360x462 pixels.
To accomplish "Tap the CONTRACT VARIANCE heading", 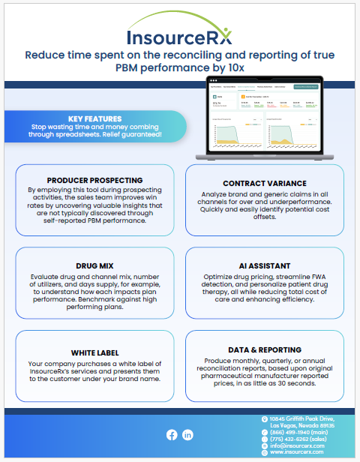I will tap(264, 183).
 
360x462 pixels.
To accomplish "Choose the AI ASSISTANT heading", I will tap(264, 265).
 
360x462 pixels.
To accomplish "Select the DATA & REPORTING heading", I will tap(264, 349).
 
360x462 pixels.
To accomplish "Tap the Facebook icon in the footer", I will tap(171, 434).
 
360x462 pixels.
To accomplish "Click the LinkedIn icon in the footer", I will tap(187, 434).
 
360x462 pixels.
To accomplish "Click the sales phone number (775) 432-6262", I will tap(296, 439).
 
